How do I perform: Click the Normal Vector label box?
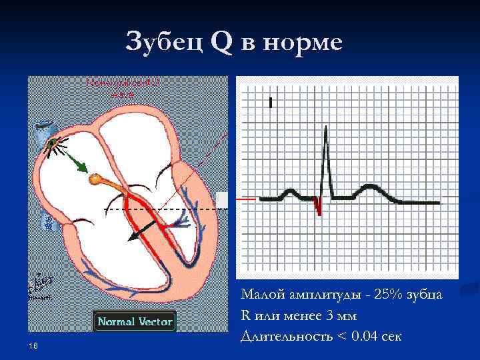[135, 322]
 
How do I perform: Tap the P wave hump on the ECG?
[290, 193]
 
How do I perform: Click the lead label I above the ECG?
[271, 103]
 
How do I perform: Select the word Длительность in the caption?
[287, 335]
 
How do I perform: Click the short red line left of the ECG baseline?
[247, 199]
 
